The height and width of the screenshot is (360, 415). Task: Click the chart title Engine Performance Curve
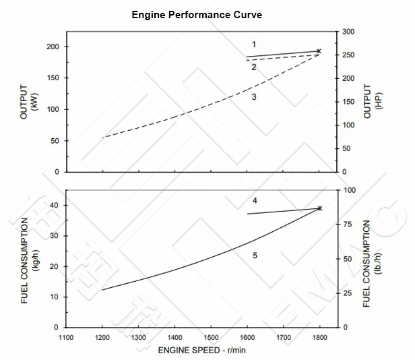tap(197, 14)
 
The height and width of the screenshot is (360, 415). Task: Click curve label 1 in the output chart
tap(254, 44)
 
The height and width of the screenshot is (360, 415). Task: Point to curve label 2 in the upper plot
tap(254, 67)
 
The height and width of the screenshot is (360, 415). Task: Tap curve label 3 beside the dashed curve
tap(254, 97)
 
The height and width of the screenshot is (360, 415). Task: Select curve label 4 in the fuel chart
tap(255, 201)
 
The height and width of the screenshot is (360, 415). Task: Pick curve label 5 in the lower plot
tap(255, 255)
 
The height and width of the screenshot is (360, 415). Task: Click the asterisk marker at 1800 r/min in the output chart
tap(319, 51)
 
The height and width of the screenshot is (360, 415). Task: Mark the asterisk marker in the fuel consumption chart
tap(319, 208)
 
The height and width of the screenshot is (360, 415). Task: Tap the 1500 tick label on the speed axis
tap(211, 337)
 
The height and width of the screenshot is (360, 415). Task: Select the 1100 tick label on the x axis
tap(66, 337)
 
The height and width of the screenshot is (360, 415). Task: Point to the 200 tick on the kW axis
tap(53, 47)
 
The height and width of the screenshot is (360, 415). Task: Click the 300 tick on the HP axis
tap(349, 32)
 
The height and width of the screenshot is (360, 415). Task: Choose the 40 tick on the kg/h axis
tap(55, 205)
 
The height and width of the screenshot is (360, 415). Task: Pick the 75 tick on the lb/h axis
tap(348, 225)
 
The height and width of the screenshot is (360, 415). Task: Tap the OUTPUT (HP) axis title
tap(373, 102)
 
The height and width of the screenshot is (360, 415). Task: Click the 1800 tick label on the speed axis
tap(319, 337)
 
